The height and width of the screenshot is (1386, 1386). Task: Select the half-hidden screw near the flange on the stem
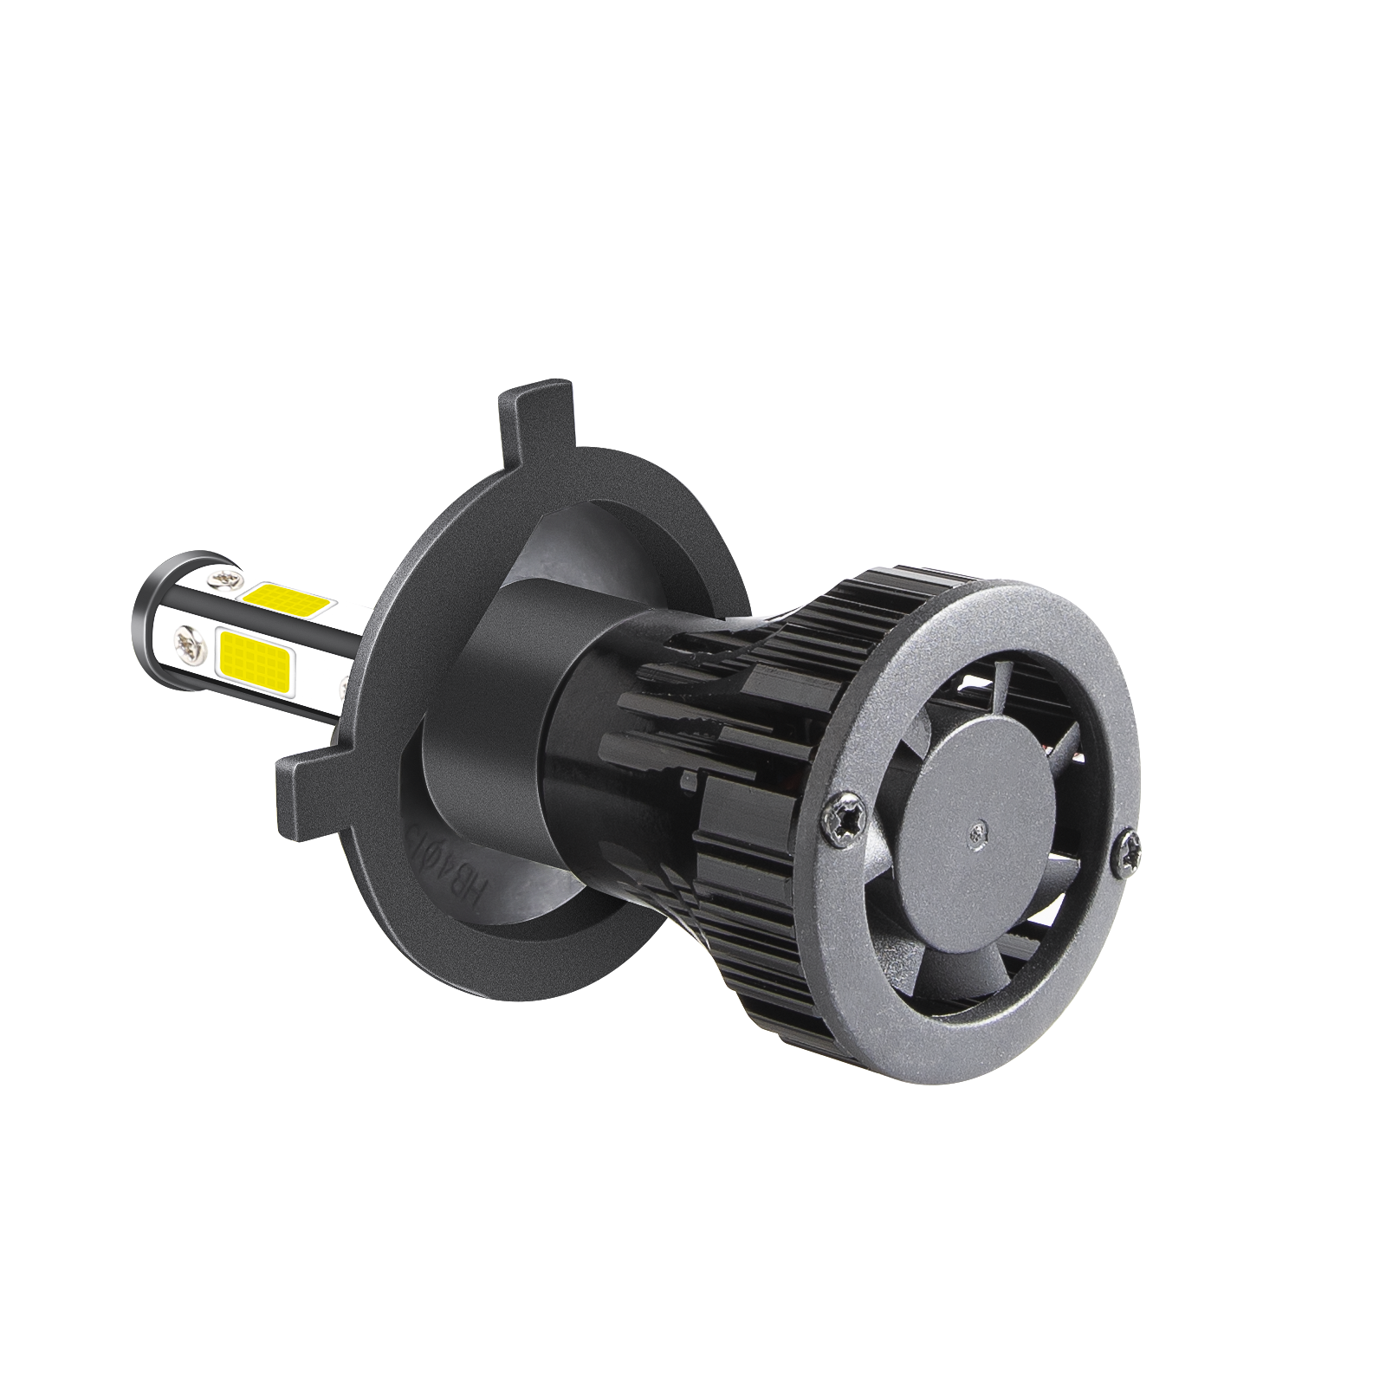[346, 684]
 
